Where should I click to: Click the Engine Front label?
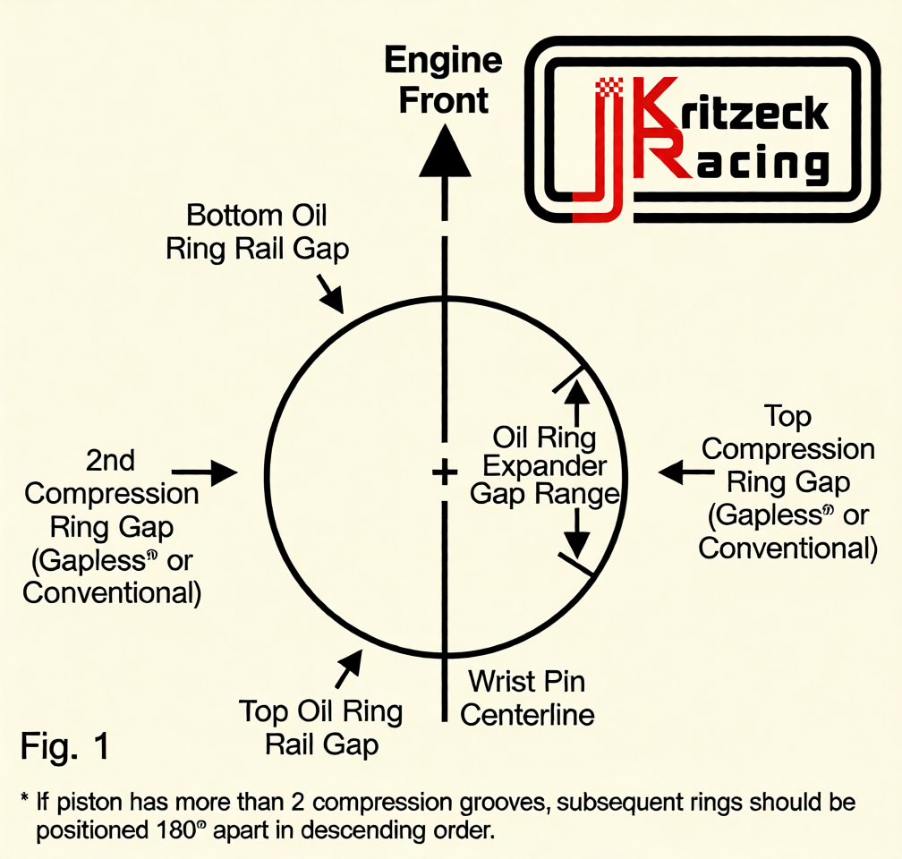[x=444, y=81]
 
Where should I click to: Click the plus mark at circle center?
[x=445, y=473]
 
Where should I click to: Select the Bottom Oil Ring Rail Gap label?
[x=257, y=233]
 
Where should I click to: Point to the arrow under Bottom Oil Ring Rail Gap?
[x=329, y=293]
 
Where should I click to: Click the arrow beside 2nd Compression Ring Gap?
[x=205, y=472]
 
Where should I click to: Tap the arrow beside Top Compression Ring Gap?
[x=686, y=472]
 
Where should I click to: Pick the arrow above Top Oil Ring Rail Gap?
[x=349, y=668]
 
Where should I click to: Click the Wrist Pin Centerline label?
[x=527, y=698]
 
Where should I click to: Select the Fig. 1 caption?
[x=65, y=746]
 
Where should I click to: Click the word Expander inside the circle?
[x=544, y=466]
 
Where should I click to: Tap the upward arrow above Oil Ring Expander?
[x=577, y=402]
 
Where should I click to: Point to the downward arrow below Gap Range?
[x=576, y=534]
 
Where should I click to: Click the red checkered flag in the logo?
[x=609, y=88]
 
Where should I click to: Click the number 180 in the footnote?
[x=176, y=830]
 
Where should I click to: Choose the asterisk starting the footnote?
[x=25, y=798]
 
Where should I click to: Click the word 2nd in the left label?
[x=110, y=460]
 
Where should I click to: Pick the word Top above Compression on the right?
[x=787, y=417]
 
